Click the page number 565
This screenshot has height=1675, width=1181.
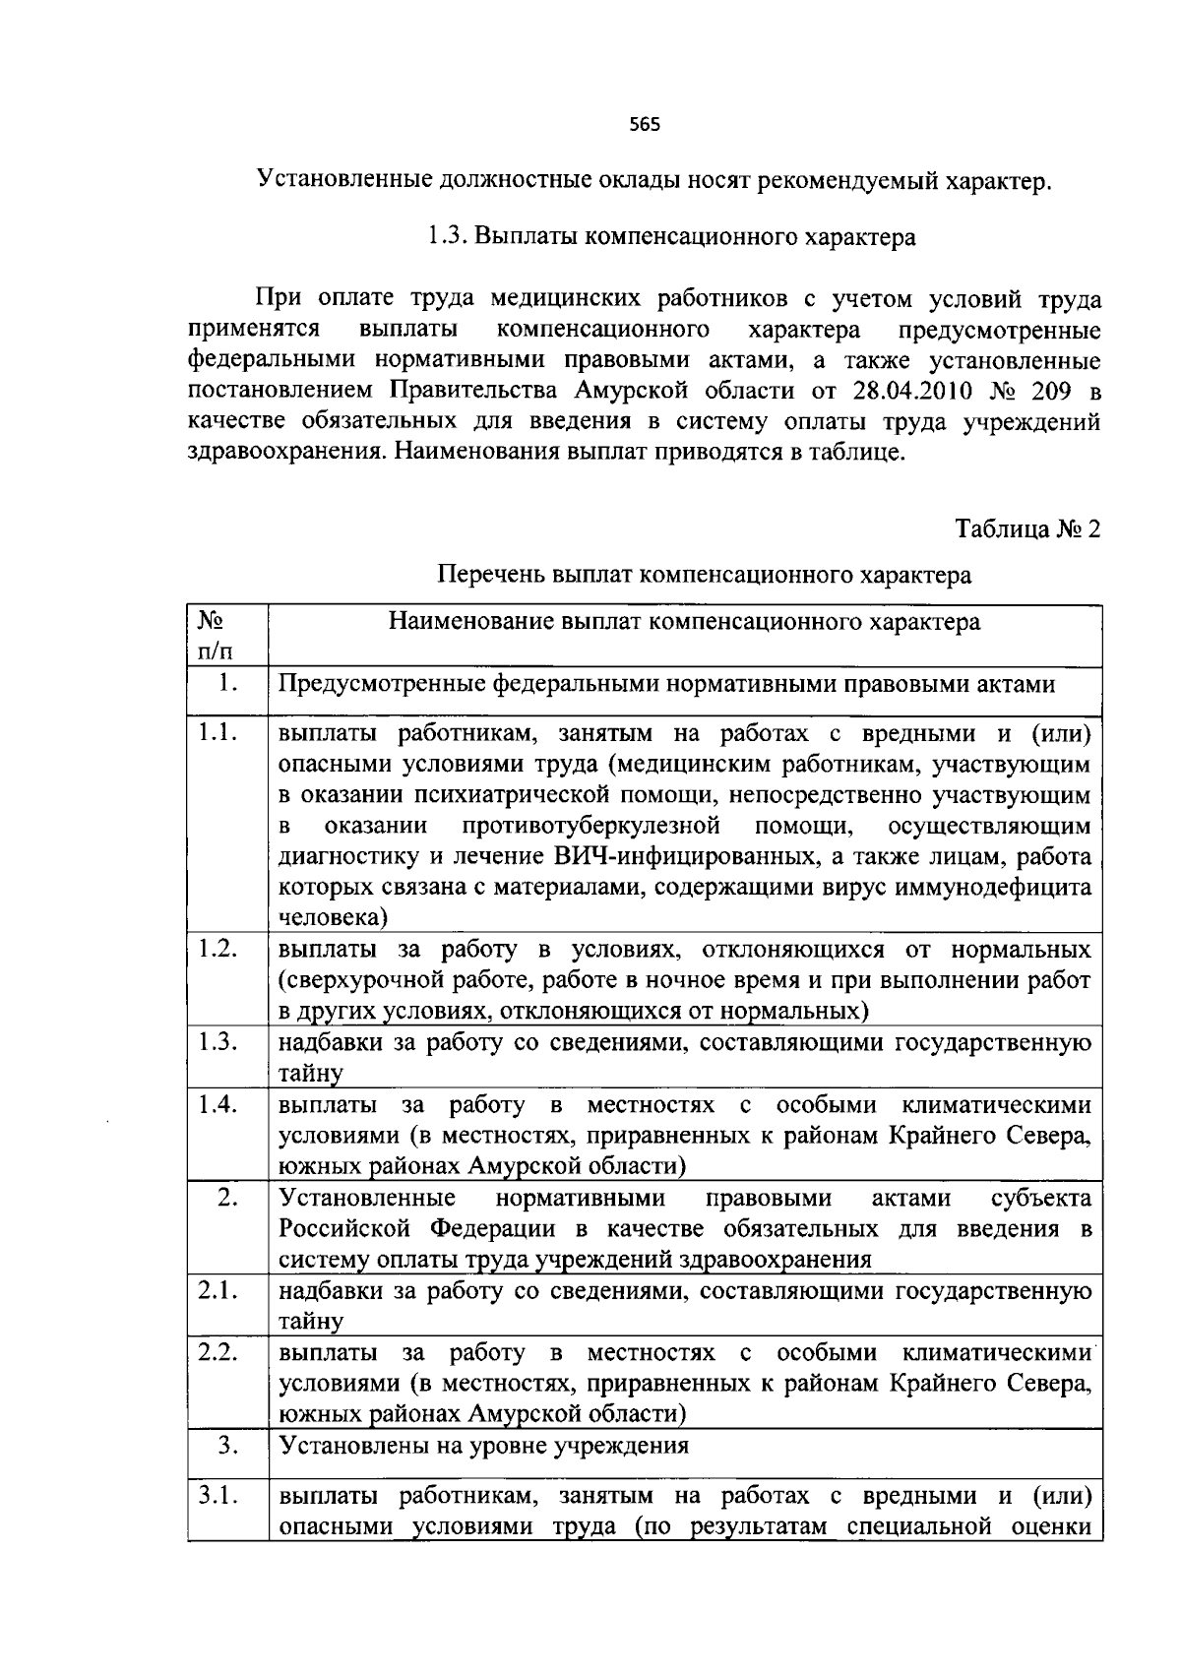(x=644, y=124)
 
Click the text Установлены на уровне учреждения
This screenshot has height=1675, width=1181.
(x=483, y=1446)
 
